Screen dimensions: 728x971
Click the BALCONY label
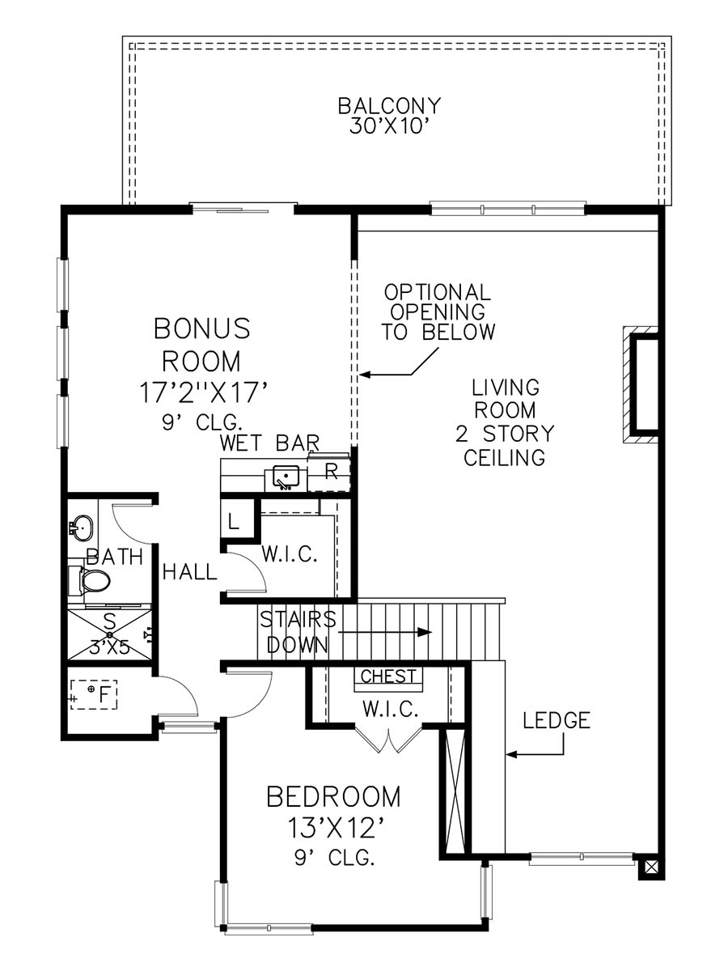tap(389, 106)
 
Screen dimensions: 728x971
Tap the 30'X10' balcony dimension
tap(390, 127)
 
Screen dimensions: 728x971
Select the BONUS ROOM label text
tap(202, 345)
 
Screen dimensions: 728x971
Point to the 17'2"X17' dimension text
tap(204, 392)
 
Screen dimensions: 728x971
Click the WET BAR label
tap(269, 443)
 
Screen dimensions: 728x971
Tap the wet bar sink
tap(286, 477)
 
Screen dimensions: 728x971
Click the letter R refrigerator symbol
tap(331, 472)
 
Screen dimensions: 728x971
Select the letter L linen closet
tap(234, 522)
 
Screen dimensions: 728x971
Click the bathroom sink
tap(82, 528)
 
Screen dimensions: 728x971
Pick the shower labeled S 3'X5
tap(109, 634)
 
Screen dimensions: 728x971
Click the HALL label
tap(190, 572)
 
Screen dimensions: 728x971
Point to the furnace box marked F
tap(94, 695)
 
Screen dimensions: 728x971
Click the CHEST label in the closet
tap(388, 676)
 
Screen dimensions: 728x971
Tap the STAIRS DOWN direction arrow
tap(385, 632)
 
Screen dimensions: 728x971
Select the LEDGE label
tap(556, 721)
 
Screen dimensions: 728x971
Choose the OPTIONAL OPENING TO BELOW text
tap(438, 312)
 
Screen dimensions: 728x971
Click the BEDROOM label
tap(334, 797)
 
